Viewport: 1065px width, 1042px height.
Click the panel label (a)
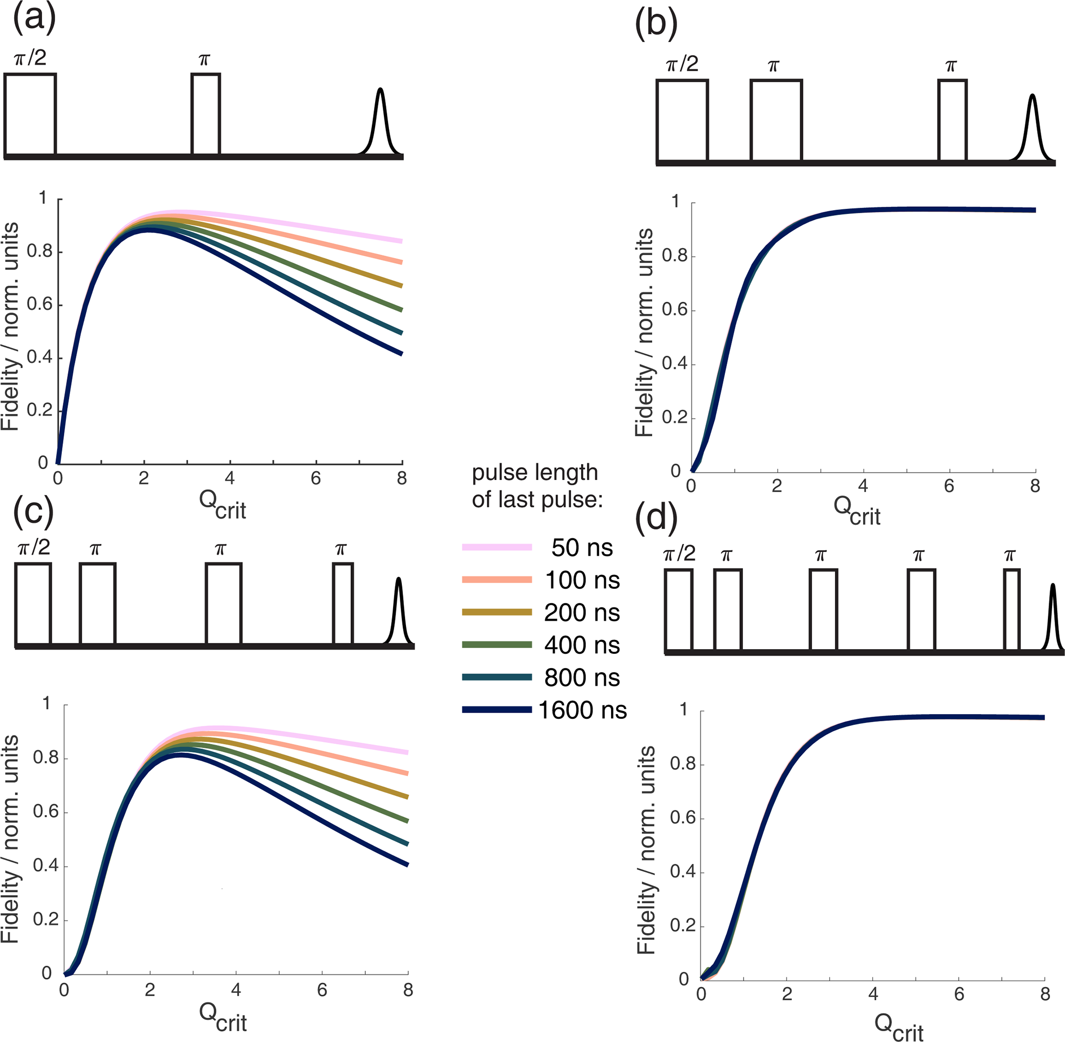coord(34,20)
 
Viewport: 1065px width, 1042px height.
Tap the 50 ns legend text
coord(582,548)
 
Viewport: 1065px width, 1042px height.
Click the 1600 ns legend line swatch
coord(497,710)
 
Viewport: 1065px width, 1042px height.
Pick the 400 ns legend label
coord(582,645)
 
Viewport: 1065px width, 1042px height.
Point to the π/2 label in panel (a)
coord(30,57)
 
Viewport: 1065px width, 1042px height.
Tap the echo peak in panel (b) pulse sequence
coord(1032,128)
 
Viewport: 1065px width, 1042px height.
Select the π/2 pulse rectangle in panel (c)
coord(33,603)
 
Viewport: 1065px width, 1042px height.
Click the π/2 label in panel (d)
coord(679,554)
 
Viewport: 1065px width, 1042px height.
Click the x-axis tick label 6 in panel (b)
coord(949,486)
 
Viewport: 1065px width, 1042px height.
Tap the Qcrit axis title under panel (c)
coord(223,1017)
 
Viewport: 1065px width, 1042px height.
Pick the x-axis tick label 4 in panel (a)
coord(230,479)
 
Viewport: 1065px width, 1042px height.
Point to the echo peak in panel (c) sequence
coord(399,610)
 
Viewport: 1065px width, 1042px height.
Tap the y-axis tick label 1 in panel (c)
coord(46,703)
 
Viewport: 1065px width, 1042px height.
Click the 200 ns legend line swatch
coord(497,612)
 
